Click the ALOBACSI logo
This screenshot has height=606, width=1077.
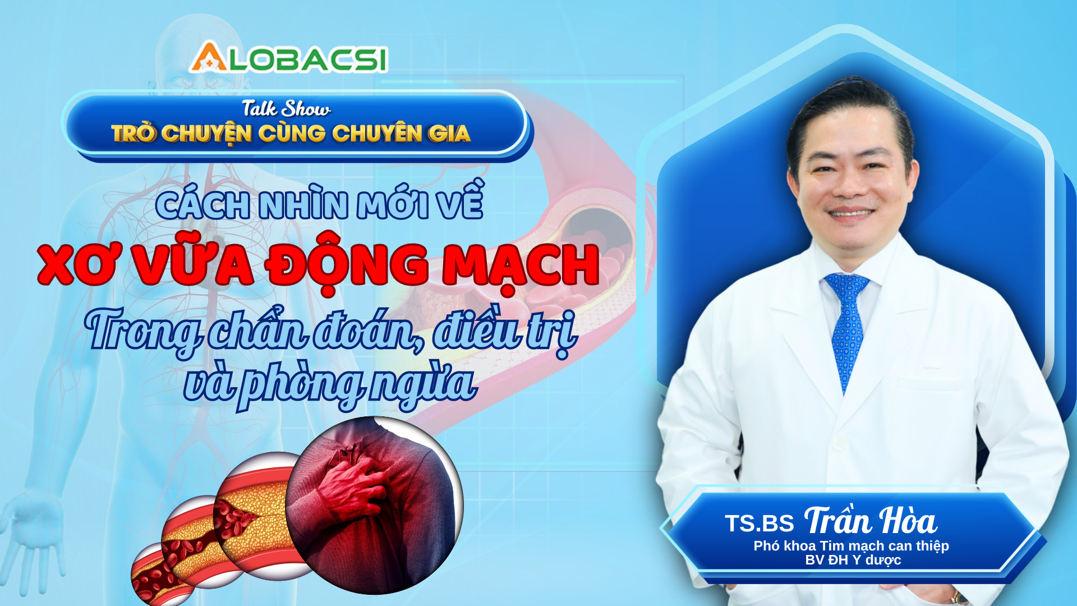288,58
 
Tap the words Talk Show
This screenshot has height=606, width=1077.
286,108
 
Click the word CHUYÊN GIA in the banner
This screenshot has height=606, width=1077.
401,134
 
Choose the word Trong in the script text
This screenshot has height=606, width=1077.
142,331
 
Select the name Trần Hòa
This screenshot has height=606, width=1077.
870,521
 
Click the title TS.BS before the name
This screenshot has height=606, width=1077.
759,524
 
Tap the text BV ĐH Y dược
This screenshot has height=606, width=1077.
853,560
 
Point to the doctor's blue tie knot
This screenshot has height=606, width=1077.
846,283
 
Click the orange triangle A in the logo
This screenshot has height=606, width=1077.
208,58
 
